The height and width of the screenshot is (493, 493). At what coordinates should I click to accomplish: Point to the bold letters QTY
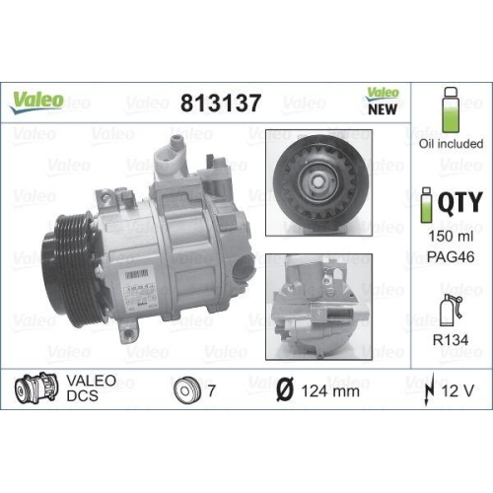(x=459, y=202)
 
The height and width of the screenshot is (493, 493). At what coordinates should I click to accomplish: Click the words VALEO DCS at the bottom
(x=91, y=387)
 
